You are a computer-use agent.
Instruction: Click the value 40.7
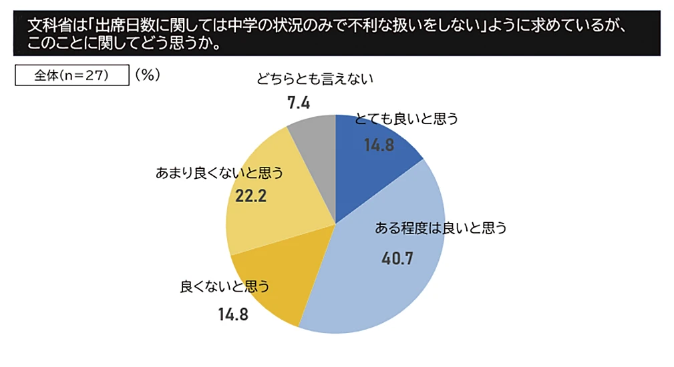pyautogui.click(x=397, y=256)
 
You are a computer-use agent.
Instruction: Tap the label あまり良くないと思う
pyautogui.click(x=220, y=173)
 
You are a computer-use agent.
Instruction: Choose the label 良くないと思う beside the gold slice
pyautogui.click(x=224, y=288)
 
